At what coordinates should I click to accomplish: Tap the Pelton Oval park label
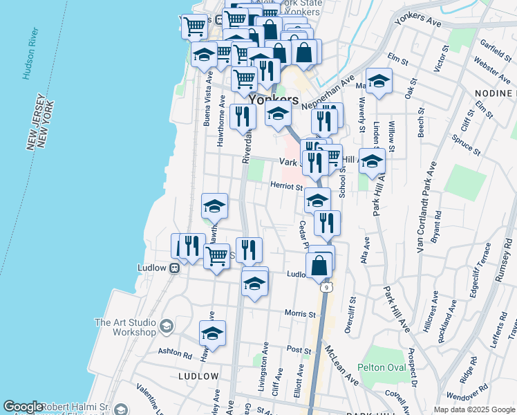(x=382, y=367)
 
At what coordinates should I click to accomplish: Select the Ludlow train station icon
(x=176, y=268)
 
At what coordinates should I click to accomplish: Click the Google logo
(x=22, y=407)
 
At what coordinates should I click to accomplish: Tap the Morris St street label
(x=300, y=313)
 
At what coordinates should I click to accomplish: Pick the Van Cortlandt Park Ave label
(x=426, y=207)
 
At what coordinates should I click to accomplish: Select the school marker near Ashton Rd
(x=212, y=334)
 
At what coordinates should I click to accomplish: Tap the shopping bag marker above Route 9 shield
(x=320, y=263)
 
